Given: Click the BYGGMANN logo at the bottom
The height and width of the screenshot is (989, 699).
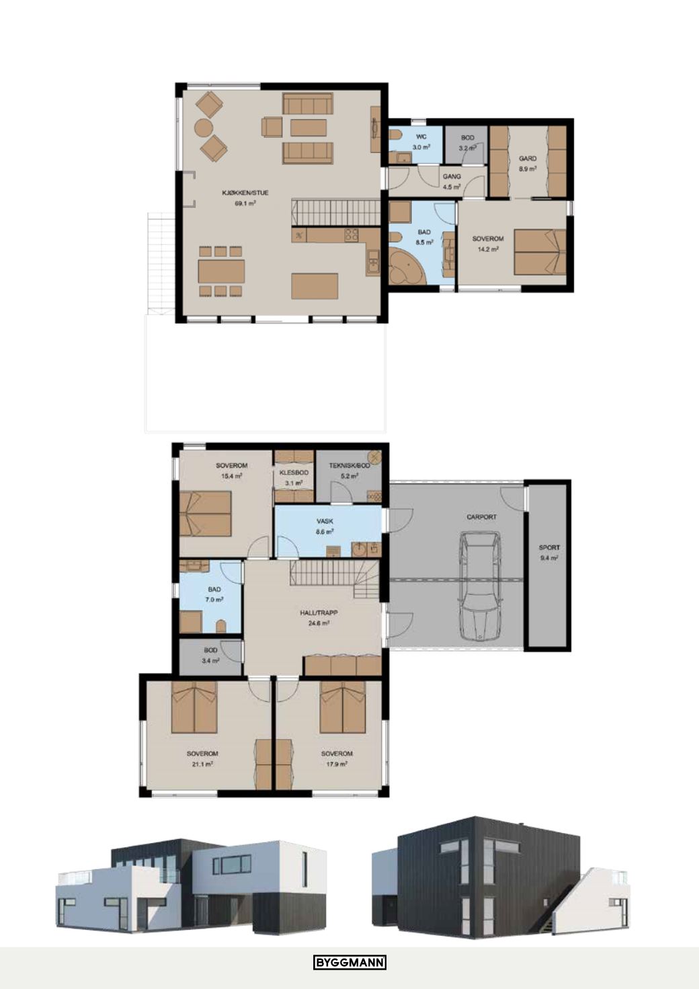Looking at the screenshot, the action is [349, 965].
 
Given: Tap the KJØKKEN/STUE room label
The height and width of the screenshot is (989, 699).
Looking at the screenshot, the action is [245, 193].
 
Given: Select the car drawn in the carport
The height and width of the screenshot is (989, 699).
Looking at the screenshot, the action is [480, 586].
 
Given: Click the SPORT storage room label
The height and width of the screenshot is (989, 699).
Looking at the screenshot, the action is [549, 547].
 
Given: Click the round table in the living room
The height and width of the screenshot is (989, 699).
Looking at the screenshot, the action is [204, 128].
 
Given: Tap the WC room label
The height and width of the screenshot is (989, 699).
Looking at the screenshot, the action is [421, 137].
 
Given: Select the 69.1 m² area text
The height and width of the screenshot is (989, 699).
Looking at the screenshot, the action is [245, 204].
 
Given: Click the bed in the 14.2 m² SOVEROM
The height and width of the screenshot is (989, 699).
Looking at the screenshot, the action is [540, 251].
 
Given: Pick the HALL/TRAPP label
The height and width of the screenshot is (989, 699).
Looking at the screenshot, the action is [319, 612].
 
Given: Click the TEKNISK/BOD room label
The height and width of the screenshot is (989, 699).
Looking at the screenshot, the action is [349, 465].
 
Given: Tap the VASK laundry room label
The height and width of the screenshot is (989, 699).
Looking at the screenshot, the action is [325, 521].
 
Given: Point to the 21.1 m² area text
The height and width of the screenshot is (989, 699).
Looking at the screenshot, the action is [202, 764].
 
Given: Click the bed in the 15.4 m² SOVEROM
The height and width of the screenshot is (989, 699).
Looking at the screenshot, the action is [206, 514].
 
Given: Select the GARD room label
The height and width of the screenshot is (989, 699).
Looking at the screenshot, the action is [528, 158].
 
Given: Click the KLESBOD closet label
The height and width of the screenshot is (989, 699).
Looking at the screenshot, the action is [294, 473].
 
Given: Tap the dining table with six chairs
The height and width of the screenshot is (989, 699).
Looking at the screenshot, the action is [220, 272].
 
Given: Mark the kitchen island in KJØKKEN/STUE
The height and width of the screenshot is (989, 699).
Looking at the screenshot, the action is [315, 286].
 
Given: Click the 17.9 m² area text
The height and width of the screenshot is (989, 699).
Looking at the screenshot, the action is [337, 764].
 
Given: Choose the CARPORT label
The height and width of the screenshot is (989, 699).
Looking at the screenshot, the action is [481, 516].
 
